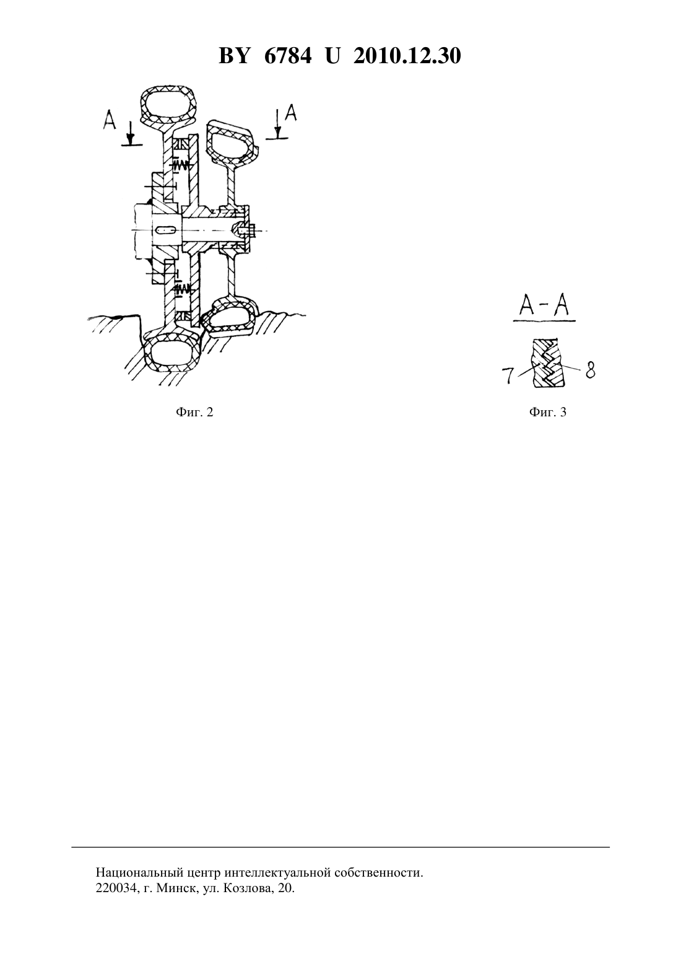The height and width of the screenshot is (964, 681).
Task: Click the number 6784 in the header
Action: click(x=288, y=56)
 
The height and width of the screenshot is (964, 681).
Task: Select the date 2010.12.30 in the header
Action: click(x=407, y=56)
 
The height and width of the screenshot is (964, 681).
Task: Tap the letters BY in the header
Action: click(x=234, y=56)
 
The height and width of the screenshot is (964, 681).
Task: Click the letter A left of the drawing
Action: click(x=110, y=119)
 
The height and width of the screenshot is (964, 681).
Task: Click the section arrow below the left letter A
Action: click(x=130, y=134)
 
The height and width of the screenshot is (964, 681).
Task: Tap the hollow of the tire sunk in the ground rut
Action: click(x=173, y=353)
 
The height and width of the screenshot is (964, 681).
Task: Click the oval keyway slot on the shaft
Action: click(x=165, y=231)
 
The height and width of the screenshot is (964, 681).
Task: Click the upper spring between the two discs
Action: click(x=181, y=164)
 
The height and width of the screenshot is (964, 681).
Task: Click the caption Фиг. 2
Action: click(x=194, y=412)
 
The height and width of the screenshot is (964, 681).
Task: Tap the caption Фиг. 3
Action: click(x=548, y=412)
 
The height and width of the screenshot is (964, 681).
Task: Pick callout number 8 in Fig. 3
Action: click(x=590, y=370)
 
